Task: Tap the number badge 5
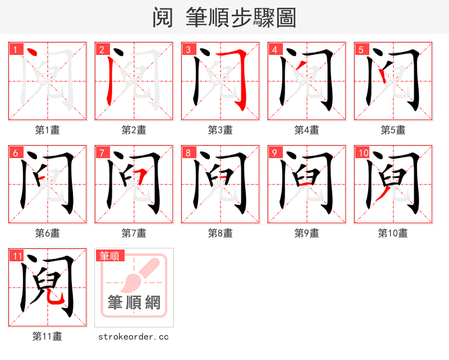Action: (x=361, y=49)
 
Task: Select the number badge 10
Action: (x=363, y=153)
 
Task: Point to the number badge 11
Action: (x=17, y=256)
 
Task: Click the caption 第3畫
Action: (x=220, y=130)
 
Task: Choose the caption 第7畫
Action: (x=134, y=233)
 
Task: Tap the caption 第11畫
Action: (x=47, y=336)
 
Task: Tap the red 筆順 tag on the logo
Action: (x=109, y=256)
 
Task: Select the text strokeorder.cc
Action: (x=134, y=336)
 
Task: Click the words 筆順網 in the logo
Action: (x=134, y=303)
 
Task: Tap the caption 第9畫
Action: (x=306, y=233)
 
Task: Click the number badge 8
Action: (x=188, y=153)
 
